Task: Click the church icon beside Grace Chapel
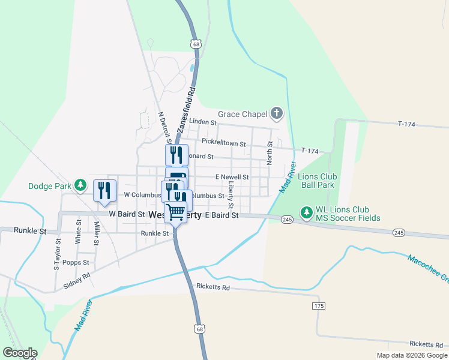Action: pyautogui.click(x=276, y=113)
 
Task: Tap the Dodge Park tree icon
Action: pyautogui.click(x=80, y=186)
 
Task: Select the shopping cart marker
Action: pyautogui.click(x=176, y=212)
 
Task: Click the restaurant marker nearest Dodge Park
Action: pyautogui.click(x=104, y=190)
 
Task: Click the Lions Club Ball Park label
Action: pyautogui.click(x=318, y=181)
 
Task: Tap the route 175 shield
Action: pyautogui.click(x=318, y=306)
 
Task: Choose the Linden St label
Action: pyautogui.click(x=202, y=122)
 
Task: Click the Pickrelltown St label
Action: pyautogui.click(x=223, y=143)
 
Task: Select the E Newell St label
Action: pyautogui.click(x=232, y=177)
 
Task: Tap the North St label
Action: pyautogui.click(x=270, y=153)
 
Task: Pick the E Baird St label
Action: pyautogui.click(x=221, y=215)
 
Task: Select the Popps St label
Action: pyautogui.click(x=76, y=263)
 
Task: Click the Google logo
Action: pyautogui.click(x=20, y=353)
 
